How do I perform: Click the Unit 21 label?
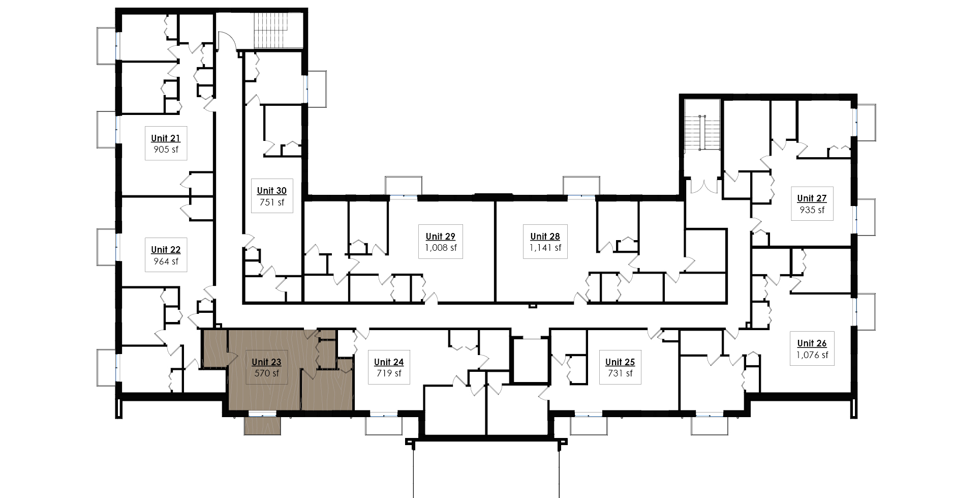pos(165,138)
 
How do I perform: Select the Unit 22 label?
pos(165,250)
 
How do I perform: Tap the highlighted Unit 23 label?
pos(266,362)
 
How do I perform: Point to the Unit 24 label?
pos(389,362)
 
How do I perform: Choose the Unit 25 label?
pos(620,362)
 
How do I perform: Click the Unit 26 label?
pos(812,343)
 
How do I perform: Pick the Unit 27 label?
pos(812,198)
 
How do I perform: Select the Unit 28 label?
pos(545,237)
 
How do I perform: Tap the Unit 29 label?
pos(440,237)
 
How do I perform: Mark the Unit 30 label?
pos(271,191)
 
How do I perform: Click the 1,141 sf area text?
pos(545,248)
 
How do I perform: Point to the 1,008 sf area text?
pos(441,248)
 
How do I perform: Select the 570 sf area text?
pos(266,374)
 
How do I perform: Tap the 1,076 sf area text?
pos(812,355)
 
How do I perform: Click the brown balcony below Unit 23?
pos(262,425)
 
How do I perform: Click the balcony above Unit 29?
pos(404,186)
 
